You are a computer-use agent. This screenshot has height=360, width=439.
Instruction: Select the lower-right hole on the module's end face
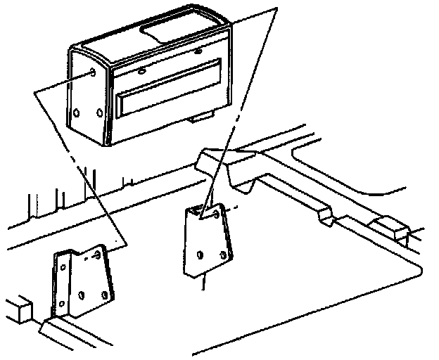[x=99, y=112]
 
